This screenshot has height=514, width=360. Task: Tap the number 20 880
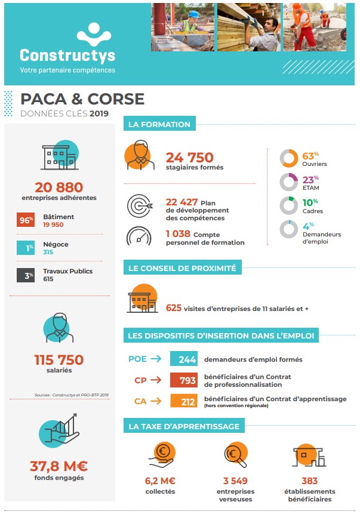click(59, 187)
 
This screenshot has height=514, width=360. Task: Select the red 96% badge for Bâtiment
click(26, 220)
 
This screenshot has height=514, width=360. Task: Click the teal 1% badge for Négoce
click(26, 248)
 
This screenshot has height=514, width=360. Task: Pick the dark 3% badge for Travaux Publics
click(26, 275)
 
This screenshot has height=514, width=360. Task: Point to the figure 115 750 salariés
click(59, 360)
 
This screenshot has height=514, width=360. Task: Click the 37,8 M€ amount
click(59, 466)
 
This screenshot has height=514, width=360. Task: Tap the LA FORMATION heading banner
click(159, 124)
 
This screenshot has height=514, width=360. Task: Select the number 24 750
click(189, 158)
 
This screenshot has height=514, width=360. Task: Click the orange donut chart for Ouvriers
click(289, 158)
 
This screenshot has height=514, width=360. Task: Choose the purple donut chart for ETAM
click(289, 181)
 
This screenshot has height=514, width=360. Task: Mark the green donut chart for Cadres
click(289, 205)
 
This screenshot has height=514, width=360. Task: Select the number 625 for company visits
click(173, 308)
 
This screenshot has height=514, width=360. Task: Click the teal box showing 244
click(183, 359)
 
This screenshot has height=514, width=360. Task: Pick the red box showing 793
click(183, 380)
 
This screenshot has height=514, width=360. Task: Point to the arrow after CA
click(156, 401)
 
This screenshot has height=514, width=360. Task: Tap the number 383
click(309, 481)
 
